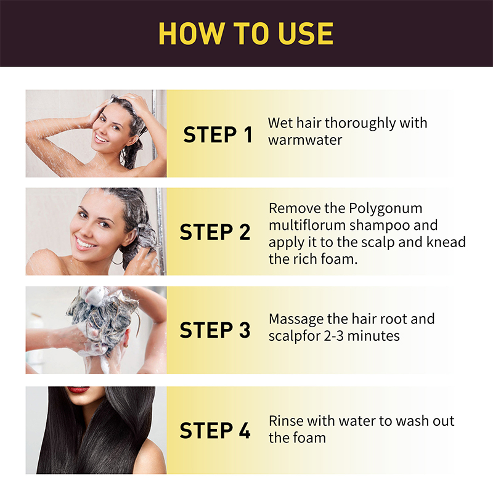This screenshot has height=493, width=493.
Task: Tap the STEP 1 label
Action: pyautogui.click(x=218, y=134)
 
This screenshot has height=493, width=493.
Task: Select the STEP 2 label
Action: pyautogui.click(x=215, y=232)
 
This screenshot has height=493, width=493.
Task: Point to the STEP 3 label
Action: pyautogui.click(x=215, y=330)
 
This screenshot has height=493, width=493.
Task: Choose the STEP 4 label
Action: pyautogui.click(x=215, y=430)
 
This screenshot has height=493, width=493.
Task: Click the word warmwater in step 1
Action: pyautogui.click(x=304, y=140)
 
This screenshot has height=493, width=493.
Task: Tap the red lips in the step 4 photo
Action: pyautogui.click(x=78, y=390)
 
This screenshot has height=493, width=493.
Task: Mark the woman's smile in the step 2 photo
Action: pyautogui.click(x=84, y=242)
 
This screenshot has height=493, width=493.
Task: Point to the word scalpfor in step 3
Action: pyautogui.click(x=293, y=336)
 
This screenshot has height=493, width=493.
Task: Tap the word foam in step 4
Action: pyautogui.click(x=309, y=438)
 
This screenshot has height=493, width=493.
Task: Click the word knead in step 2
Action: pyautogui.click(x=447, y=242)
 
